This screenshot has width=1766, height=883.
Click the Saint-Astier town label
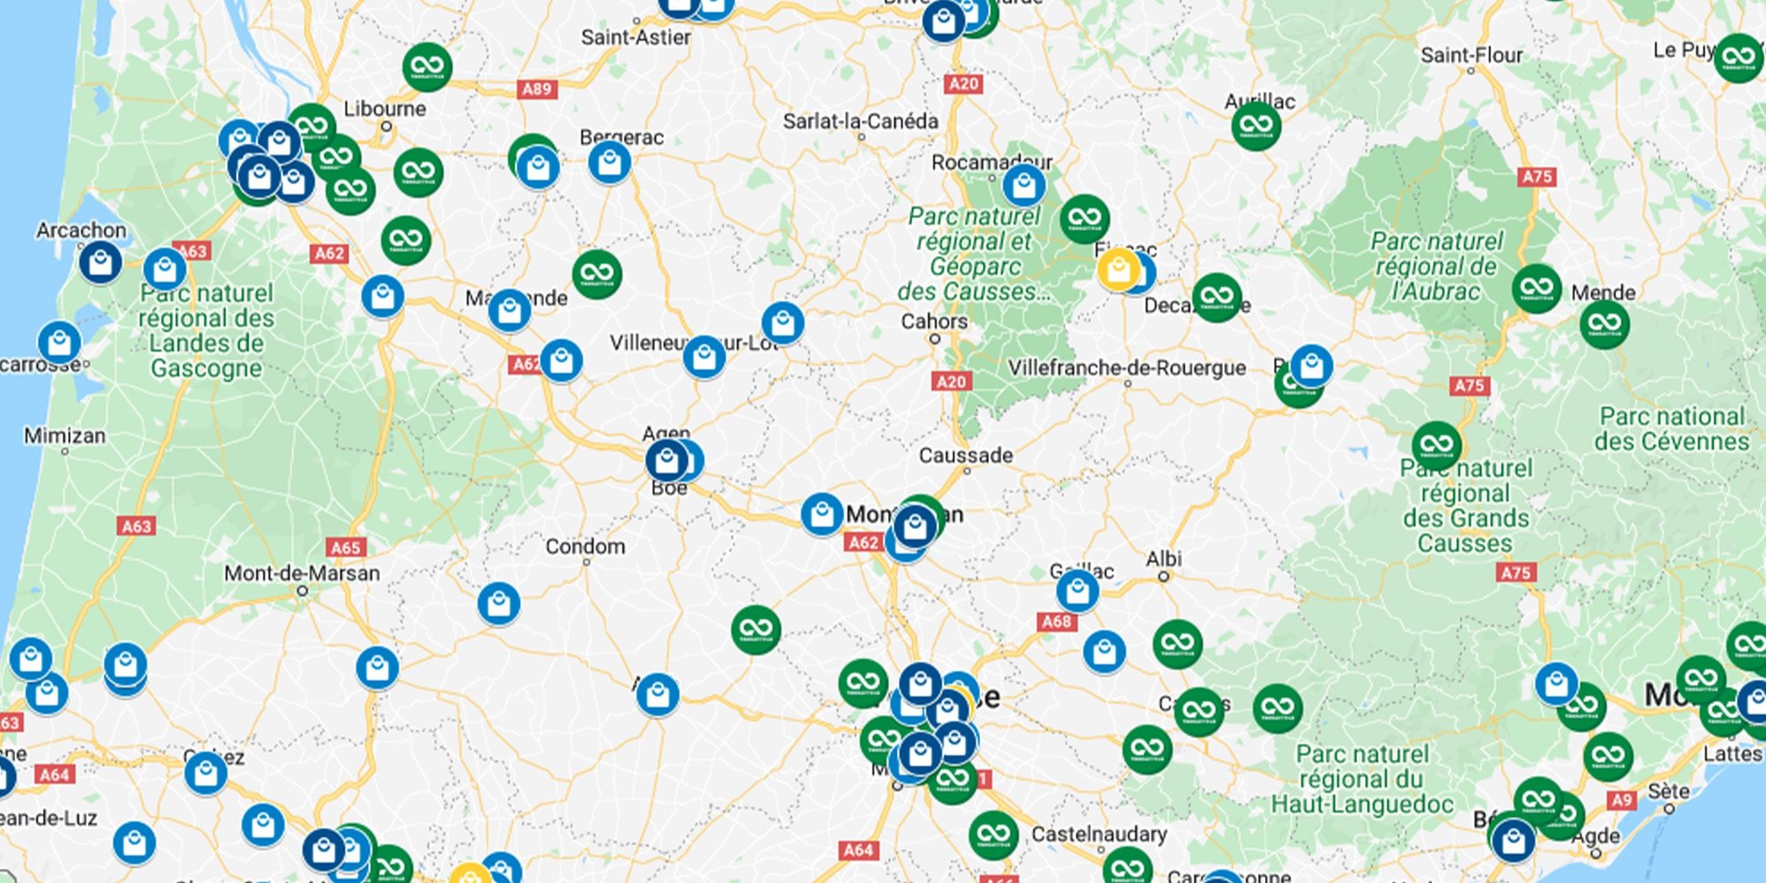(636, 37)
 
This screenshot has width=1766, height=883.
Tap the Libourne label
(385, 109)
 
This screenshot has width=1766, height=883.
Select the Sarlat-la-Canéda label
(860, 121)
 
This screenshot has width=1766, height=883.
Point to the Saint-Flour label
(1471, 55)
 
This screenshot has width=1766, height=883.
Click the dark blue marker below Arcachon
(101, 262)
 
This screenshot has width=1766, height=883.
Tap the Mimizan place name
(64, 435)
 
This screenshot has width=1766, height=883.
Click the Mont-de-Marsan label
(302, 573)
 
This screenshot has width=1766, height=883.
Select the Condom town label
(585, 547)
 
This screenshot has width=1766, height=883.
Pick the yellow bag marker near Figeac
(1118, 268)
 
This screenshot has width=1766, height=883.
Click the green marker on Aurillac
(1256, 125)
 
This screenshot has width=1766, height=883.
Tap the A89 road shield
(537, 88)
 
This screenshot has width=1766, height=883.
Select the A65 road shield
(345, 547)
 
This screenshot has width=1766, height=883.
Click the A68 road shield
(1056, 622)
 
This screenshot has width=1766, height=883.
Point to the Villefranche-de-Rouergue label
(1127, 367)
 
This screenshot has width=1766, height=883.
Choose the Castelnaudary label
(1098, 834)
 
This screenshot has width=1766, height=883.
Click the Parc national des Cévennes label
(1672, 428)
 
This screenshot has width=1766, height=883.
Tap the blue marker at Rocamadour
(1023, 185)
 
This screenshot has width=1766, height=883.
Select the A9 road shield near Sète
(1620, 800)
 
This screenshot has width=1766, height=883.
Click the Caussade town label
(965, 456)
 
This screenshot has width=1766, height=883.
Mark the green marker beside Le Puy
(1738, 58)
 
